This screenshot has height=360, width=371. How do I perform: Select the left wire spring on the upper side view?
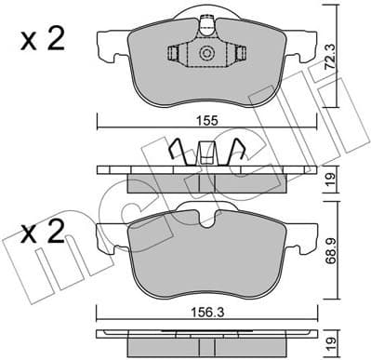pos(177,150)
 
